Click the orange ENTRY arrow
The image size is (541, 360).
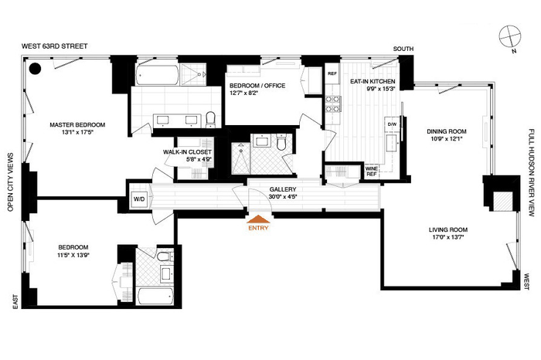tap(258, 219)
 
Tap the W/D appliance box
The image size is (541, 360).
tap(139, 199)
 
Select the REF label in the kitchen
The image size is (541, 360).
tap(332, 73)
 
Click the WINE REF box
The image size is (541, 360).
tap(372, 172)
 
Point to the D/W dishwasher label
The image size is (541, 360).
tap(392, 124)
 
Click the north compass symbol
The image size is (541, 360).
tap(510, 36)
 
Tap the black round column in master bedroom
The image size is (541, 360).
tap(35, 69)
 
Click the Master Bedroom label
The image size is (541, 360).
tap(77, 125)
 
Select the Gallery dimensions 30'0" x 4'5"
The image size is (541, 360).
tap(283, 197)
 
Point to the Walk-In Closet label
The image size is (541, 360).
tap(187, 152)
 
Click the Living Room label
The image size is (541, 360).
tap(448, 229)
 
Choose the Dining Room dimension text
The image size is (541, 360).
tap(447, 139)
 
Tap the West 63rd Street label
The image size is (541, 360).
tap(55, 46)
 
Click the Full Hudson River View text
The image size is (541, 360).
tap(532, 173)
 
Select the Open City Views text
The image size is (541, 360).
tap(10, 182)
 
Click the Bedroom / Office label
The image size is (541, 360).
tap(257, 86)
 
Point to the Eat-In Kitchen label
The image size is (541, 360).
tap(373, 81)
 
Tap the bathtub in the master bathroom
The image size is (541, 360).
tap(158, 75)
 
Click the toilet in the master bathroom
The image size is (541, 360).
tap(210, 119)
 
